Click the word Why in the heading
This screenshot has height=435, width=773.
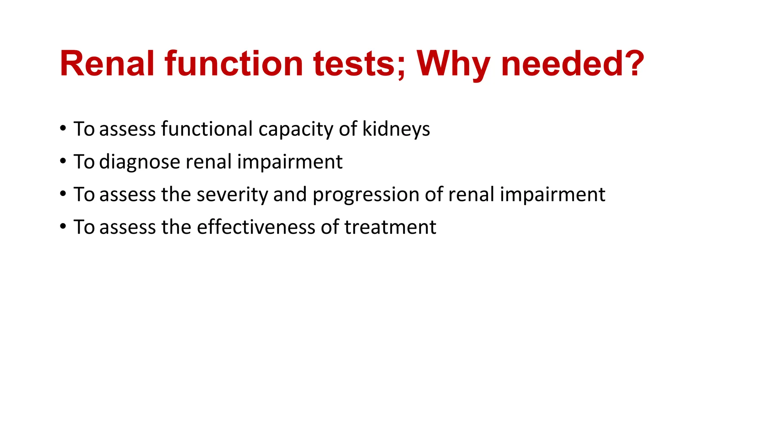click(453, 64)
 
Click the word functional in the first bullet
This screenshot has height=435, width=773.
click(207, 129)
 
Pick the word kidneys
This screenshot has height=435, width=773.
click(396, 130)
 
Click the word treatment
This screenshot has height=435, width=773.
click(390, 227)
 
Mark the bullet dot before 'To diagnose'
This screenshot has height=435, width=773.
click(63, 161)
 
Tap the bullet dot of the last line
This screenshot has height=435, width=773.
click(63, 227)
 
